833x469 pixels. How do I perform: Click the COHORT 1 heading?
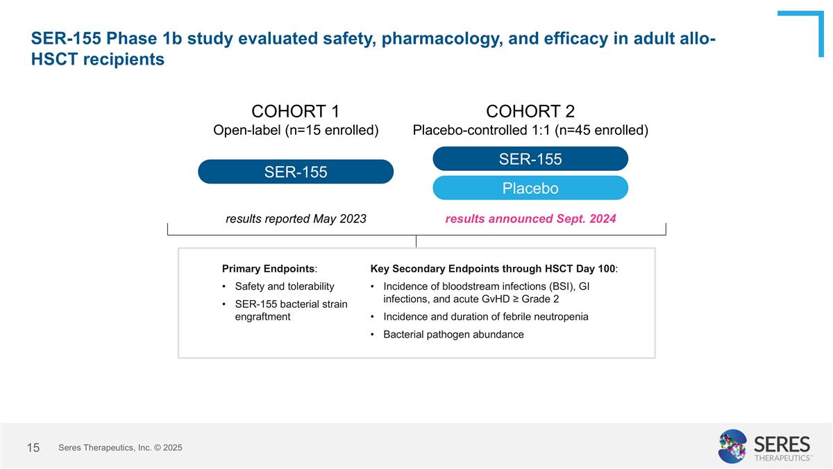(295, 111)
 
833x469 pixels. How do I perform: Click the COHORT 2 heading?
(530, 111)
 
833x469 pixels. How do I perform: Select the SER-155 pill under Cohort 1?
(296, 172)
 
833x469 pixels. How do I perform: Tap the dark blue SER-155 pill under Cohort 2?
(530, 158)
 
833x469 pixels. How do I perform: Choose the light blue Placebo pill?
(530, 188)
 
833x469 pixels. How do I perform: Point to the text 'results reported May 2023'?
(296, 219)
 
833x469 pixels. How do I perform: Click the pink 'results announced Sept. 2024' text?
(530, 219)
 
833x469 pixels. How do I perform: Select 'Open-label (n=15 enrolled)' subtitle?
(295, 131)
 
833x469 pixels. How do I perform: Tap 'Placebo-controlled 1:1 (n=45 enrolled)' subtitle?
(530, 131)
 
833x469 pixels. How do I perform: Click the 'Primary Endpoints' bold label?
(269, 269)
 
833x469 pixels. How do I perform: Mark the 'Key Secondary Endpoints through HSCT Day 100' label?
(494, 269)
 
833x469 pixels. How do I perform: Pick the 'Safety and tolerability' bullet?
(285, 286)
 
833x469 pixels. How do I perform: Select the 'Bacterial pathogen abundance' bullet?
(453, 334)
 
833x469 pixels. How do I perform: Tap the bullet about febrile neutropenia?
(485, 317)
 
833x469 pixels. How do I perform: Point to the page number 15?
(33, 448)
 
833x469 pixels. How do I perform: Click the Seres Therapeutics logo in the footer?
(764, 446)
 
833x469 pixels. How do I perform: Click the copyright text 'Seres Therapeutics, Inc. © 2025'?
(120, 448)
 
